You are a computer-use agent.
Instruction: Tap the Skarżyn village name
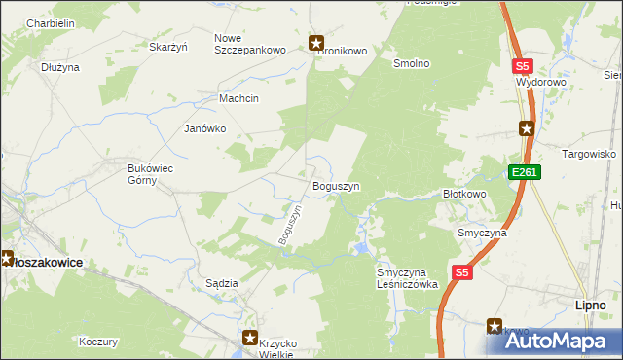click(x=167, y=46)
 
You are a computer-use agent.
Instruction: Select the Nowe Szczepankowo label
click(x=243, y=44)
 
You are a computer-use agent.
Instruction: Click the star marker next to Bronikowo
click(x=316, y=43)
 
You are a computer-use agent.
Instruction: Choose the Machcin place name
click(x=238, y=97)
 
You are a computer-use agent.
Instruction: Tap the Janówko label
click(x=204, y=127)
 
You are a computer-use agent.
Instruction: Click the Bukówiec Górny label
click(x=151, y=174)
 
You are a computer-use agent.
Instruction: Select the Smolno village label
click(x=410, y=63)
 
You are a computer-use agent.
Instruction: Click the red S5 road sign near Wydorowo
click(x=523, y=65)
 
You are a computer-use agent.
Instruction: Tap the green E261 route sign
click(x=524, y=172)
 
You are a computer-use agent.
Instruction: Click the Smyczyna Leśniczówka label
click(x=408, y=278)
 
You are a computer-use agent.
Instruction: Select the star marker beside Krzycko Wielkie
click(x=250, y=339)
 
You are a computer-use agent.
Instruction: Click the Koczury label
click(x=98, y=342)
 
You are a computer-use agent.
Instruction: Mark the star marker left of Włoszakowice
click(x=5, y=259)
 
